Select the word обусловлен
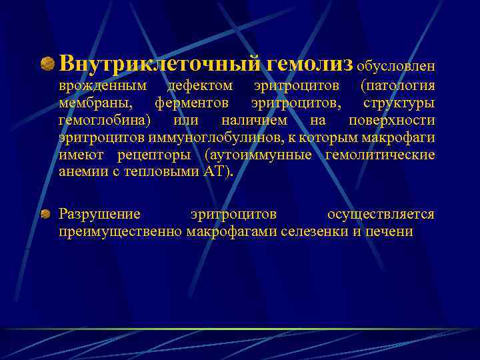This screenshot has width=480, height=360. [396, 65]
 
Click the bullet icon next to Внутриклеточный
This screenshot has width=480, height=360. [48, 64]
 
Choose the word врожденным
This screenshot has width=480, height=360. [103, 86]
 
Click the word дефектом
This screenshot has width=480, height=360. [200, 86]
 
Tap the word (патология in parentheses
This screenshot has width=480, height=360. [397, 86]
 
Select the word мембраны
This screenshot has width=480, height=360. [95, 103]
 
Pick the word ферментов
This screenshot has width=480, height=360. [192, 103]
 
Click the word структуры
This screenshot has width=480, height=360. [399, 103]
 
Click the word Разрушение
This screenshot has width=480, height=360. [100, 214]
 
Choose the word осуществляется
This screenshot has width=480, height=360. [381, 214]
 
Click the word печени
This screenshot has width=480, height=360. [389, 231]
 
